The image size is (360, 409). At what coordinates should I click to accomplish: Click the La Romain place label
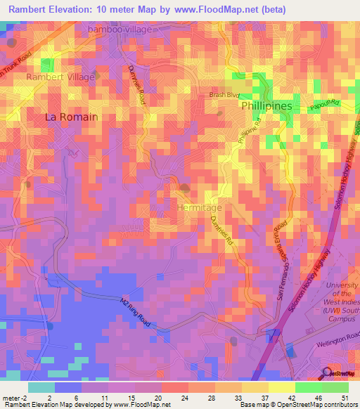click(71, 117)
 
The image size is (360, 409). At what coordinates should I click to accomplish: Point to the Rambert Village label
click(60, 77)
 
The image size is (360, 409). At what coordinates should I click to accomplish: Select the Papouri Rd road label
click(326, 103)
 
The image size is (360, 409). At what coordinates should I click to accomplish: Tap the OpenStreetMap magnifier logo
click(328, 372)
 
